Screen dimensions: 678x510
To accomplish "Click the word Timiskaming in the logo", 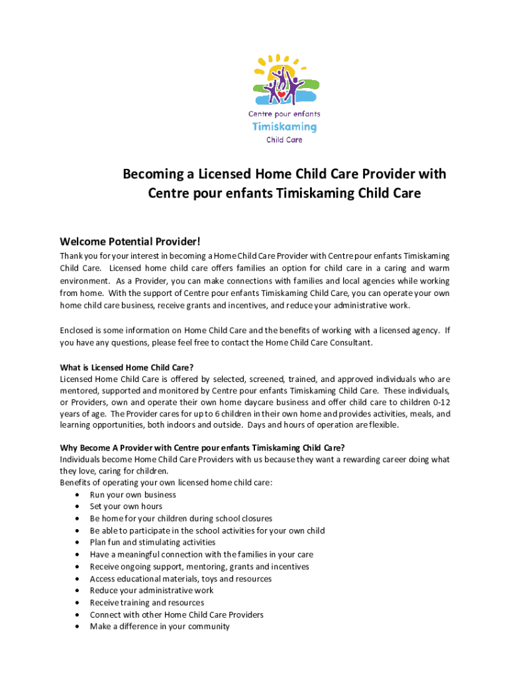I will click(284, 126).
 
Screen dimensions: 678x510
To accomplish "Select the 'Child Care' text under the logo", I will click(284, 140).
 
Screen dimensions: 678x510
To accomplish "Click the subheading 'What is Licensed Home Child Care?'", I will click(127, 367).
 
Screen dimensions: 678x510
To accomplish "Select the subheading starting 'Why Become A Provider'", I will click(202, 448).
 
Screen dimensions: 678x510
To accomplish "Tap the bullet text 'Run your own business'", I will click(133, 495).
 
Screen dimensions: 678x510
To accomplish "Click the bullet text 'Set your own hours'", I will click(126, 507).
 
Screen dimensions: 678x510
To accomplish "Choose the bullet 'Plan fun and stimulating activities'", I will click(152, 542).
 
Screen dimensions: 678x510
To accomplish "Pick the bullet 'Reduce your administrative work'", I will click(152, 591).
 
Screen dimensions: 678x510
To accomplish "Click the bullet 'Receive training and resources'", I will click(147, 603).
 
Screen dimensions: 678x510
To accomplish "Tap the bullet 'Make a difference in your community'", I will click(160, 626).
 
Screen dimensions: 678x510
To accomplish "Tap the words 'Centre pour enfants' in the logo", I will click(284, 114).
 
